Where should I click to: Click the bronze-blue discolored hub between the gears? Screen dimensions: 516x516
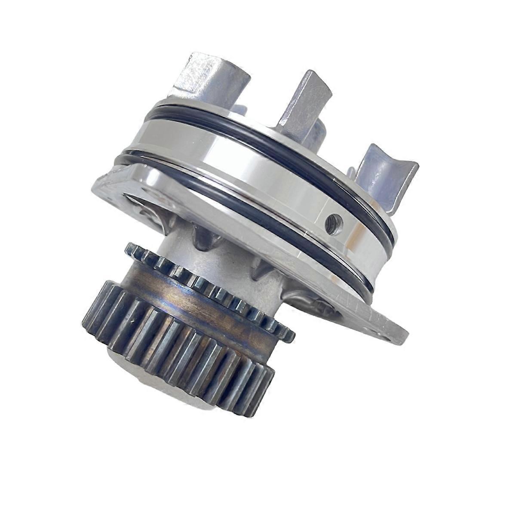point(202,305)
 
